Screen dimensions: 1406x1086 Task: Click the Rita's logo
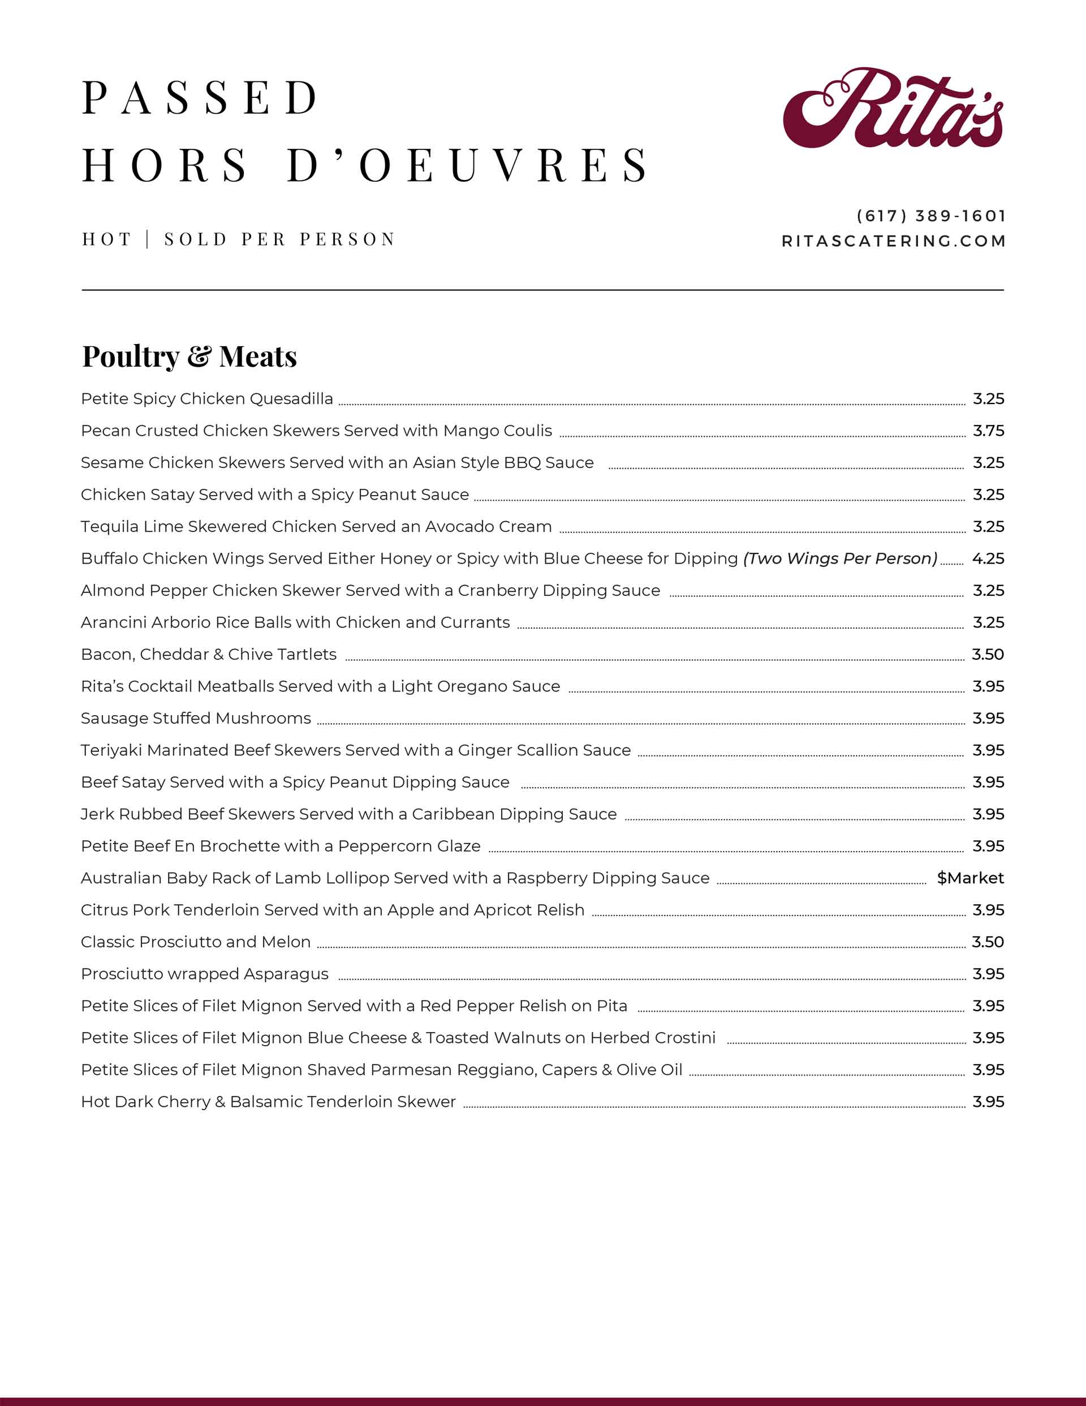coord(892,108)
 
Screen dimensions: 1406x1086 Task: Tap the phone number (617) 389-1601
coord(931,216)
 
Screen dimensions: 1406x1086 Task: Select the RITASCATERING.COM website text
coord(894,241)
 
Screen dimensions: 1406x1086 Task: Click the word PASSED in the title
coord(200,98)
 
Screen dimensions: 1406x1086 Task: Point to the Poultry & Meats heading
coord(189,356)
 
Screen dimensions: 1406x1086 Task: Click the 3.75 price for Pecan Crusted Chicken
coord(988,431)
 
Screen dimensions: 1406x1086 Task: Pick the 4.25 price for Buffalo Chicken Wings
coord(988,558)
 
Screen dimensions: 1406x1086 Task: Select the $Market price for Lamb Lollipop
coord(970,878)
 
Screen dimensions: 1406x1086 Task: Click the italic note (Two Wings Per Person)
coord(840,558)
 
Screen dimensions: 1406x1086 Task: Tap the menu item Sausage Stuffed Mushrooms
coord(196,718)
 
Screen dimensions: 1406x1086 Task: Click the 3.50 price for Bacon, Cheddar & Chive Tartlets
coord(988,654)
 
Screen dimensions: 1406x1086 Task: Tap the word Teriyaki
coord(111,750)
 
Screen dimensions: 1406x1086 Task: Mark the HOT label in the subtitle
coord(106,239)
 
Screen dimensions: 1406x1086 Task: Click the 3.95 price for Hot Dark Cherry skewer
coord(988,1102)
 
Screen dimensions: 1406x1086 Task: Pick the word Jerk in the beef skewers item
coord(97,814)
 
